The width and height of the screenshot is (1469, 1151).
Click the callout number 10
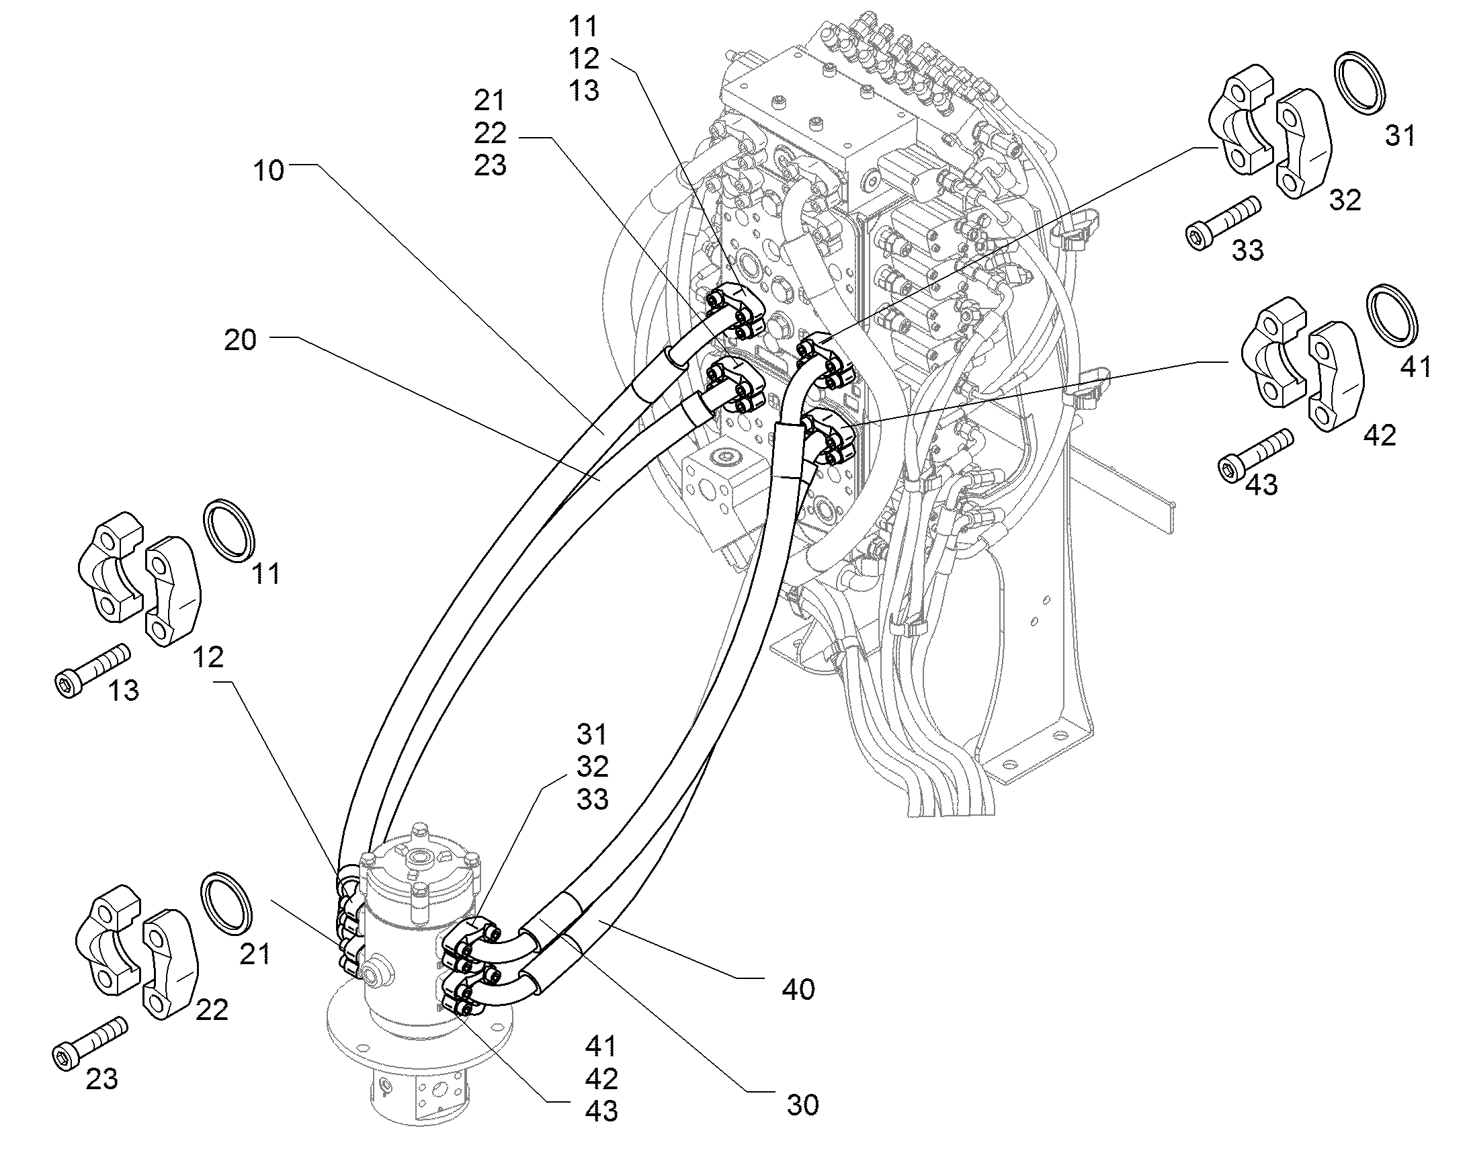pyautogui.click(x=269, y=171)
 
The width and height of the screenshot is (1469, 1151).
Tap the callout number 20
pyautogui.click(x=241, y=340)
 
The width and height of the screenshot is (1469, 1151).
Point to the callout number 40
pyautogui.click(x=798, y=990)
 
